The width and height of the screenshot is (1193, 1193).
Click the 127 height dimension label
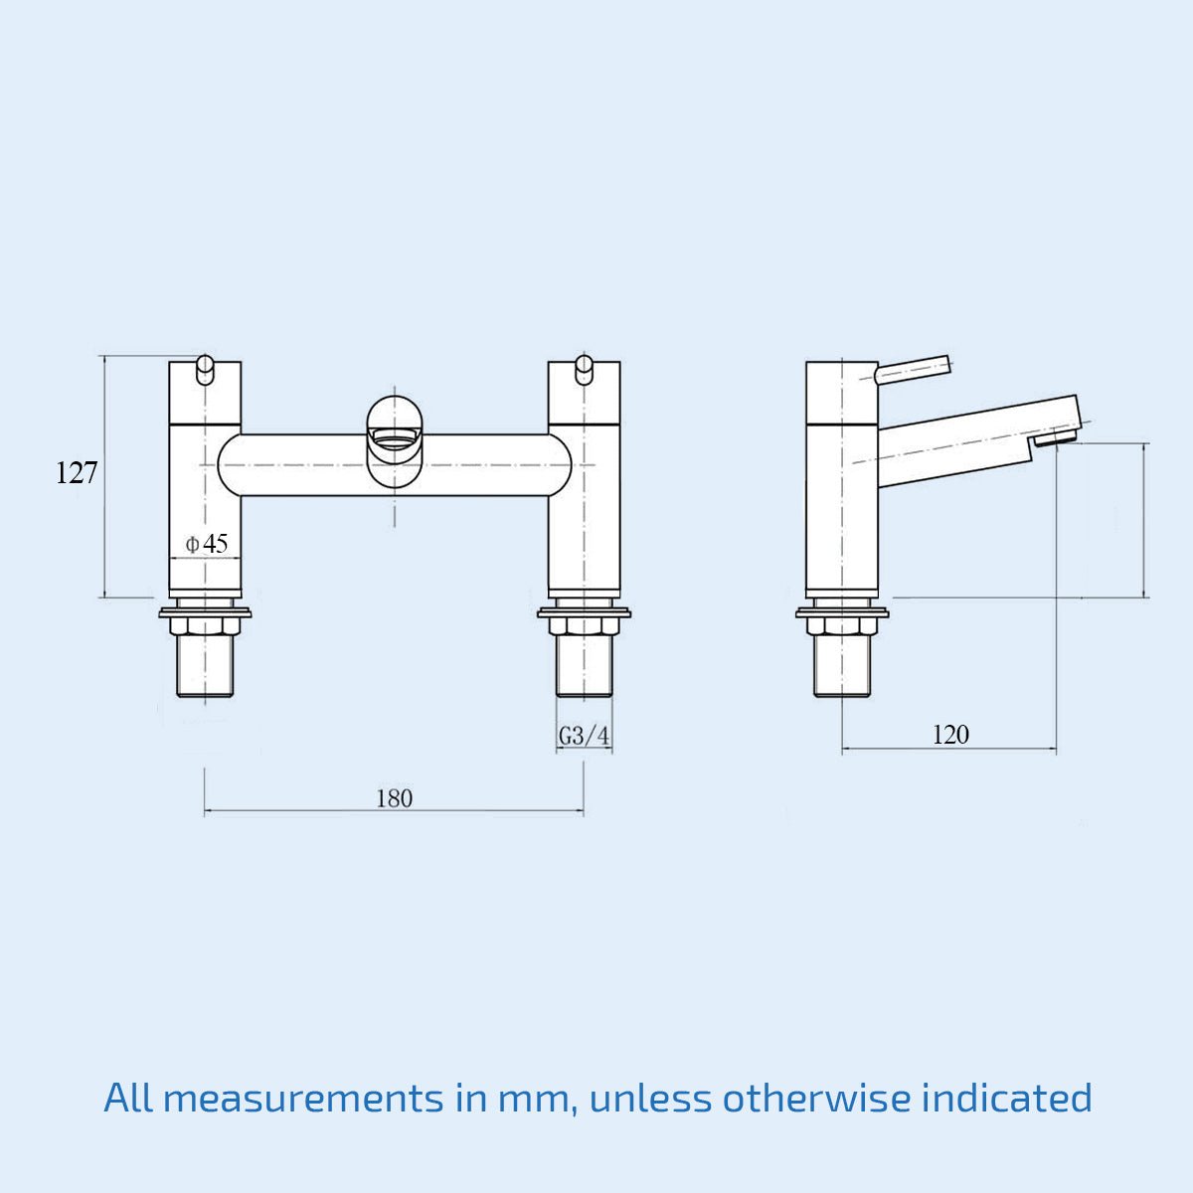[77, 473]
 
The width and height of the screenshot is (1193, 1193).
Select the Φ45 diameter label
[207, 544]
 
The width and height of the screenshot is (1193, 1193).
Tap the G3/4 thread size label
[584, 737]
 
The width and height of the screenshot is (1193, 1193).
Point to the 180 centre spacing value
[394, 798]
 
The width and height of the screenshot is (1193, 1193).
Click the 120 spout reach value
[949, 735]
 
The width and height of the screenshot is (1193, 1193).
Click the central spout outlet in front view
[395, 437]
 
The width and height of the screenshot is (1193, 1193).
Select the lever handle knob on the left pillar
[205, 367]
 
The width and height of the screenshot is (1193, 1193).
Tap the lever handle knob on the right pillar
[584, 367]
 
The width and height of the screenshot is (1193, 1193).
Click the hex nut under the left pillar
[206, 626]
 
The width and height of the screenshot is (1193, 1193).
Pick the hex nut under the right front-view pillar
[584, 626]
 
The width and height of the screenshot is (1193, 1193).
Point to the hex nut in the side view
[842, 626]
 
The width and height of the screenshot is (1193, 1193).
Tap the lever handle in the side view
[913, 369]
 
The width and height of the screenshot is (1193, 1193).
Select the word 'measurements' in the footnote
[303, 1099]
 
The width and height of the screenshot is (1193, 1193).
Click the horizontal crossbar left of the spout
[293, 464]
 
